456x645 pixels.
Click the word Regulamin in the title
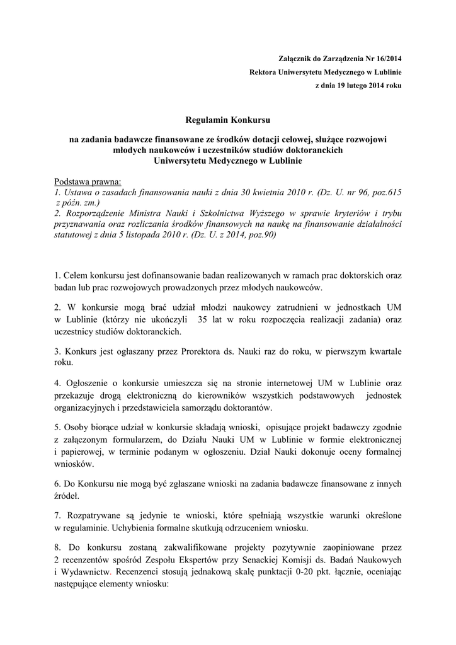tap(206, 119)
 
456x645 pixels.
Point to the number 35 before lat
tap(203, 320)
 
